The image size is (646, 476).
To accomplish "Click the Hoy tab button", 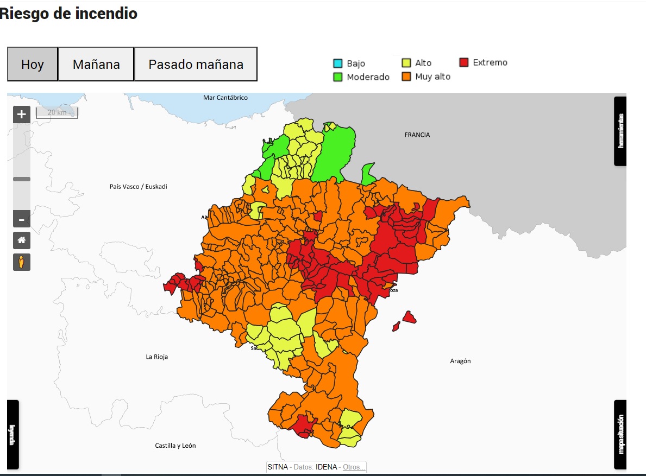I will point(33,64).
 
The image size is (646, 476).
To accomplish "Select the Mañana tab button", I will point(96,64).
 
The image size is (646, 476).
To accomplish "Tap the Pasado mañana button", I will point(196,64).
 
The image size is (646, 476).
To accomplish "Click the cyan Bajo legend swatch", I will point(338,64).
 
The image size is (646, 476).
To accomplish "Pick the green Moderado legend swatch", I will point(338,77).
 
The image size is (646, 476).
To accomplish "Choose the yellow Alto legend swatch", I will point(406,63).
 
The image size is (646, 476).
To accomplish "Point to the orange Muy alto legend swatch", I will point(406,77).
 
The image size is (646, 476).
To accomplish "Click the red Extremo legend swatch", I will point(464,62).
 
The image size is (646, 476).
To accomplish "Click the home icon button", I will point(22,240).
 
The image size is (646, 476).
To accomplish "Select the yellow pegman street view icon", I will point(22,262).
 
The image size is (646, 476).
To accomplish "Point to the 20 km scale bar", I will point(57,113).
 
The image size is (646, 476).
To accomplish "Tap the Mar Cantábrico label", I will point(225,98).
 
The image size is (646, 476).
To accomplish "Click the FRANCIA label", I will point(417,135).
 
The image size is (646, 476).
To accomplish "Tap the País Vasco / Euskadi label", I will point(138,186).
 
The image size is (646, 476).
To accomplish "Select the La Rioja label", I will point(156,357).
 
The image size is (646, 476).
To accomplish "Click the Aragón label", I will point(460,361).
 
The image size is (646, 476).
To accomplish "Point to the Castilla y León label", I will point(175,446).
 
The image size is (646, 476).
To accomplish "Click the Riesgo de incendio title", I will point(68,14).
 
